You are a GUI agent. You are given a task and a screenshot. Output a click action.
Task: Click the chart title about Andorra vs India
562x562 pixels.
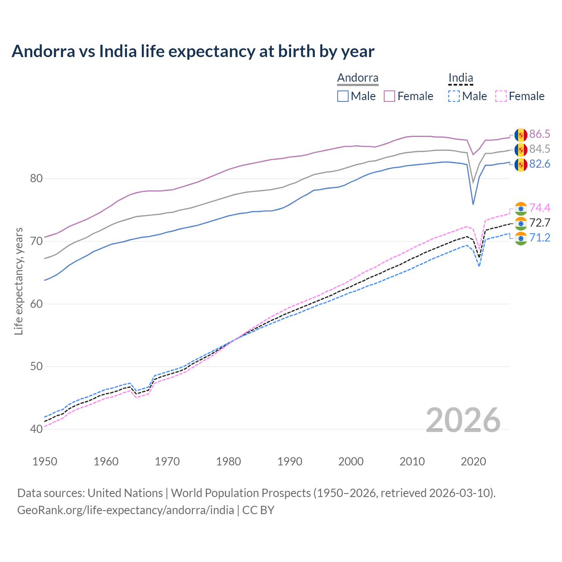coord(193,51)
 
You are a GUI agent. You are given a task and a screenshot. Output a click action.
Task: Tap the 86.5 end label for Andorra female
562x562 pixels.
coord(540,134)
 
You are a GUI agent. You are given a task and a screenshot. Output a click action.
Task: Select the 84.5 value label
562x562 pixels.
coord(540,149)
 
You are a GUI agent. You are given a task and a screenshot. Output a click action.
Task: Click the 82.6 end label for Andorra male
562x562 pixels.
coord(540,164)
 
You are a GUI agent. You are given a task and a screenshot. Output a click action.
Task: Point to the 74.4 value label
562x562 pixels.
coord(540,208)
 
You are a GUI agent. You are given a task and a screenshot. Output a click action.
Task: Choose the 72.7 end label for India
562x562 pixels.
coord(540,223)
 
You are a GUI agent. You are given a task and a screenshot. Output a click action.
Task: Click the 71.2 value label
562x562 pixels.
coord(540,238)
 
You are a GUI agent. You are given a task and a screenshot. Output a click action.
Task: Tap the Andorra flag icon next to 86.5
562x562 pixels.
coord(521,135)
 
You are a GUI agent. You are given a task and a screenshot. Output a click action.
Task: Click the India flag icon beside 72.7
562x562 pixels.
coord(521,223)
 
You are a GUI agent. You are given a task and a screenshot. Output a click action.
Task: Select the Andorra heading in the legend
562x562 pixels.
coord(357,78)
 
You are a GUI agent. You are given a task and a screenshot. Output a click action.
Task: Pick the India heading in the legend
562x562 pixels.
coord(461,78)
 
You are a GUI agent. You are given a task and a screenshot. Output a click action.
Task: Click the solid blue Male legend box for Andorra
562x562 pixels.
coord(343,96)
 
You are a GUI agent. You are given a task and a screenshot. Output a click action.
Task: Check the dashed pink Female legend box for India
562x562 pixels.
coord(501,96)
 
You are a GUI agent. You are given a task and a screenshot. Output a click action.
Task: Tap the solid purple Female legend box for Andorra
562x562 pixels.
coord(389,96)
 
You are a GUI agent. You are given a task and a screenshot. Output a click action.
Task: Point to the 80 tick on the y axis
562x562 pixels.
coord(36,178)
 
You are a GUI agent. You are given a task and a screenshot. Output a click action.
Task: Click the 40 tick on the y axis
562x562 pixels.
coord(36,429)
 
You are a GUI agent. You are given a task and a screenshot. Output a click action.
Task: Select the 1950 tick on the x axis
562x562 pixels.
coord(45,461)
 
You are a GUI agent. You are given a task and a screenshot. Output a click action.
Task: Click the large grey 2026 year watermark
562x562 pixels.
coord(463,420)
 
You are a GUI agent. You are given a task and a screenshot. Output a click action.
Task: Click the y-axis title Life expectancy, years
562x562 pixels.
coord(18,281)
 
